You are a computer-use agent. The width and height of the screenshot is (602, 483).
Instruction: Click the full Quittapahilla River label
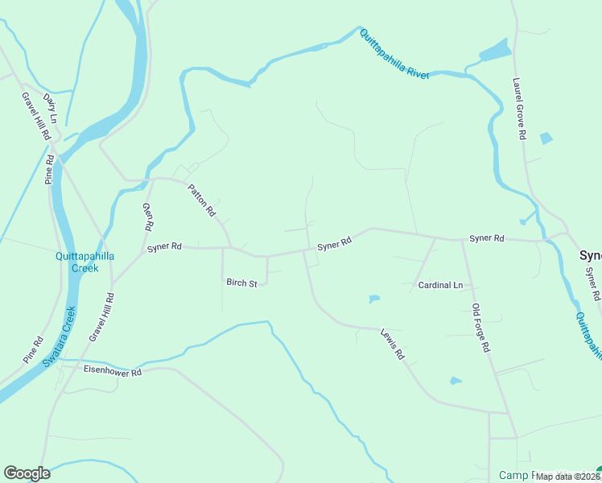point(394,53)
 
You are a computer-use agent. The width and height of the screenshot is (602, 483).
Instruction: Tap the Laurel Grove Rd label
point(519,109)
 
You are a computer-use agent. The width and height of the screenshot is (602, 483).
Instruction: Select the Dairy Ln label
point(50,107)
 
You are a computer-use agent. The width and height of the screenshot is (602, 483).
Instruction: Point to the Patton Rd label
point(202,200)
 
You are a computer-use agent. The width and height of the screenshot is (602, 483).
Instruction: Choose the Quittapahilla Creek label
point(85,262)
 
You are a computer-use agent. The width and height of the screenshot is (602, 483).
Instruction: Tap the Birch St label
point(241,283)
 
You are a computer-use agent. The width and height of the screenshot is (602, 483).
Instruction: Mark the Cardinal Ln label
point(440,285)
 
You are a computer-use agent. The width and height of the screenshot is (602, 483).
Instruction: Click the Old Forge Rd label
point(481,328)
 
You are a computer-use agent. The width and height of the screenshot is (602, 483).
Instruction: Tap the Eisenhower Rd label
point(113,372)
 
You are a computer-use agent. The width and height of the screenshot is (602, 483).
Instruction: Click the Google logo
point(27,473)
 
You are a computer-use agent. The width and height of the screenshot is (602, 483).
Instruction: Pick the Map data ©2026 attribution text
point(568,477)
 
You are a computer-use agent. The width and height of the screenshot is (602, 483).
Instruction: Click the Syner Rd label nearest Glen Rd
point(164,248)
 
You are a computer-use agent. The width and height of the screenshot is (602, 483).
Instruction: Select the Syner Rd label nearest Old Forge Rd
point(486,238)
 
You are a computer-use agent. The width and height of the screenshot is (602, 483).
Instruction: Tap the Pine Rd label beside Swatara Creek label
point(32,349)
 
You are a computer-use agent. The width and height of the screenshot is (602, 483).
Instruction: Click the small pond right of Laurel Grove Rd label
point(546,138)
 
